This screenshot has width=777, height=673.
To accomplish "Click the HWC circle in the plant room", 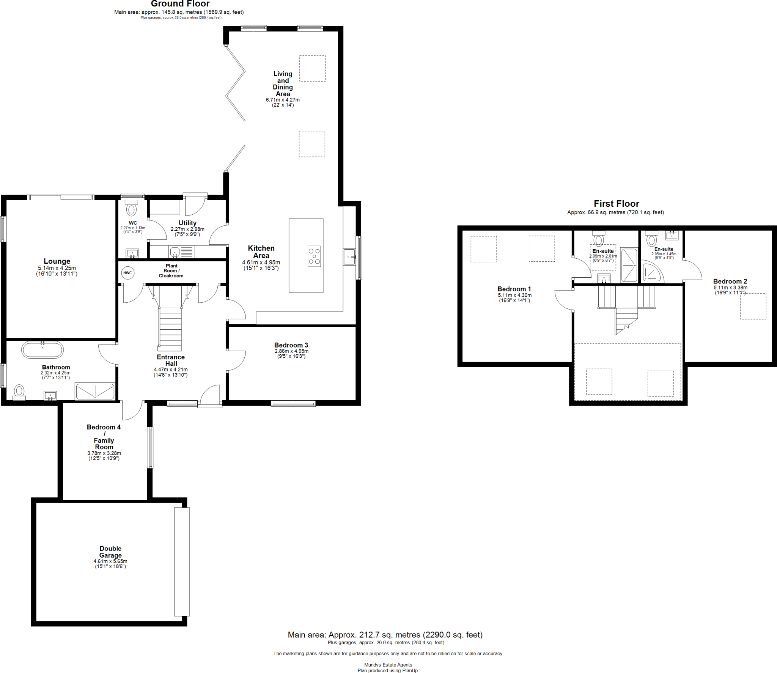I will click(x=127, y=273).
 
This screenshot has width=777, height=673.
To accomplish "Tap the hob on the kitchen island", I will click(x=314, y=256).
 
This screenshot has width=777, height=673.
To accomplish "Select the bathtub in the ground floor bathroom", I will click(x=42, y=350).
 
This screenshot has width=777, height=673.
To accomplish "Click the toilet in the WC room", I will click(x=132, y=209).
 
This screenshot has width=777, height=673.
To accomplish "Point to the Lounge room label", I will click(x=57, y=261).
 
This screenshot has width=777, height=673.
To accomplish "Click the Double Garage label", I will click(x=110, y=552).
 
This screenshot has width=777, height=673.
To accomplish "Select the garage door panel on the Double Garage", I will click(x=182, y=561).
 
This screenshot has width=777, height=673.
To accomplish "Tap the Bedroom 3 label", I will click(x=291, y=345).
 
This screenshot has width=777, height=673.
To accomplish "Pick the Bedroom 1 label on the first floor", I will click(x=514, y=289).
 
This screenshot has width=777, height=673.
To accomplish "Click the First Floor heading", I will click(x=616, y=204).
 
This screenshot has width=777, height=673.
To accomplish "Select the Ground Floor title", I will click(x=180, y=4).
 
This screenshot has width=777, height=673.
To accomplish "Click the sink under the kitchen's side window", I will click(x=349, y=257).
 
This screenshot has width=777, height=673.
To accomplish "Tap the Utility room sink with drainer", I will click(x=181, y=252).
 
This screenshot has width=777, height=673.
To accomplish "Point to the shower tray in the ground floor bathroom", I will click(x=95, y=392).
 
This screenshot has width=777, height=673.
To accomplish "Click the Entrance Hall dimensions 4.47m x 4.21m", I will click(x=171, y=370).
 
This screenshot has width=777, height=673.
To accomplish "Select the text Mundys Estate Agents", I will click(x=388, y=665).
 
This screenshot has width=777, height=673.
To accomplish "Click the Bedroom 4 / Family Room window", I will click(x=150, y=447).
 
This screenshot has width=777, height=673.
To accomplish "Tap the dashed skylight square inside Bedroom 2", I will click(x=753, y=306).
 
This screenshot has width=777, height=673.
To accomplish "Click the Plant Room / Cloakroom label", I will click(x=171, y=271).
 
